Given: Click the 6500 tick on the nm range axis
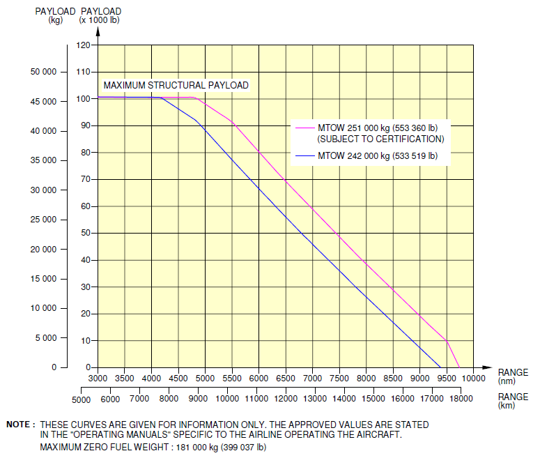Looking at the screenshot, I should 285,378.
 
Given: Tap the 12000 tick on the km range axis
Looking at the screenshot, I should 286,399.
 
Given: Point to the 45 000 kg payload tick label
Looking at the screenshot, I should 43,102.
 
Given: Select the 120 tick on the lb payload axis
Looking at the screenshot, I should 84,45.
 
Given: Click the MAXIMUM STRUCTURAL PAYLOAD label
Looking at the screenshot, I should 176,85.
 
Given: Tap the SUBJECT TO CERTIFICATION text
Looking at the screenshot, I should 380,139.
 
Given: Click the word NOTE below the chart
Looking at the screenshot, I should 20,424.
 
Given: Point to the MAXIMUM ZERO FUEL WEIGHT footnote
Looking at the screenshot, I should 153,447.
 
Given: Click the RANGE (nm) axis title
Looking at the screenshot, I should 513,376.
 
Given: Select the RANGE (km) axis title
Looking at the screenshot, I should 513,399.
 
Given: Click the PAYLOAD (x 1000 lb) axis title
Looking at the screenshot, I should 101,15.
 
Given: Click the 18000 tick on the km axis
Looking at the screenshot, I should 461,399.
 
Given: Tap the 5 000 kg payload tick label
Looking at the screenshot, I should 45,338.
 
